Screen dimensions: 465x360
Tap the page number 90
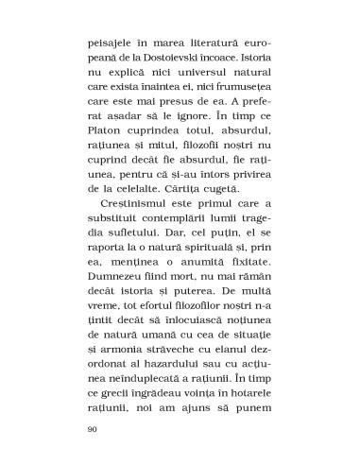click(x=92, y=428)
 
